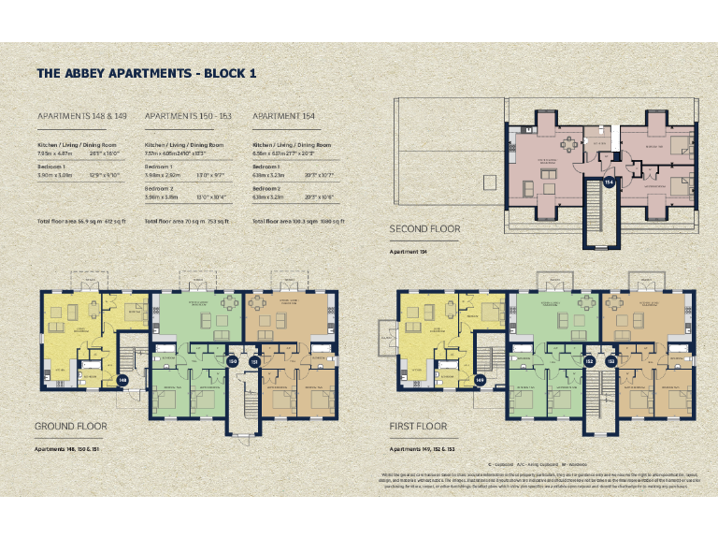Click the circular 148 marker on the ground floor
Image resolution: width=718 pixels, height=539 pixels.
[x=122, y=381]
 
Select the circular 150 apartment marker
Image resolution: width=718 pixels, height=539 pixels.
[x=233, y=361]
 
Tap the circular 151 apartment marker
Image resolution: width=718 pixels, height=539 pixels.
[x=254, y=361]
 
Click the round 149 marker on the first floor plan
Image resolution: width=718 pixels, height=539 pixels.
[x=480, y=381]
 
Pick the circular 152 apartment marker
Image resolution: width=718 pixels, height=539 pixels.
[x=589, y=361]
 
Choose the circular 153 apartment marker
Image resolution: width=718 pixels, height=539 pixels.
[x=610, y=361]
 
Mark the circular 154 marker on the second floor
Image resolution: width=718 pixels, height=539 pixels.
[x=609, y=182]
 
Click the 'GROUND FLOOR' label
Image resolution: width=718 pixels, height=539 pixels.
[x=71, y=426]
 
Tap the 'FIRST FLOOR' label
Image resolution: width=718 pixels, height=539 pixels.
[x=418, y=426]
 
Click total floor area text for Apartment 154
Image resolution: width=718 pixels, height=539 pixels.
[x=299, y=221]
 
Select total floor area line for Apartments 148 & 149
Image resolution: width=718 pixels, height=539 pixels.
[x=80, y=221]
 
